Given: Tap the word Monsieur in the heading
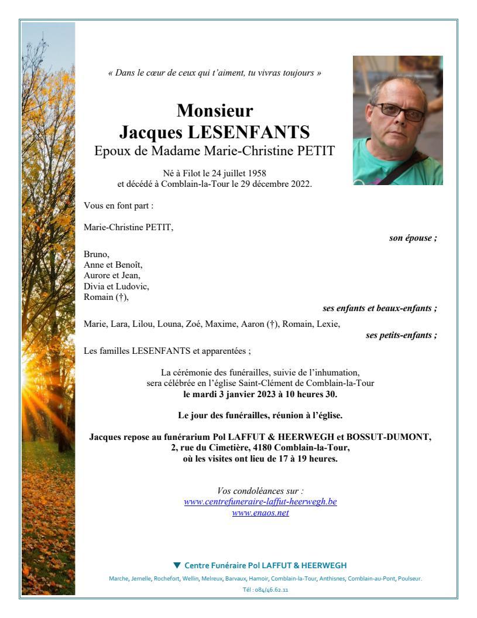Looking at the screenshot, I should pyautogui.click(x=215, y=110).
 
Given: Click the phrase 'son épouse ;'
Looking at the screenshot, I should pyautogui.click(x=413, y=238).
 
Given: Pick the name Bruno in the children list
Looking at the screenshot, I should pyautogui.click(x=96, y=255).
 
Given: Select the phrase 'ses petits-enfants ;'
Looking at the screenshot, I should pyautogui.click(x=401, y=335).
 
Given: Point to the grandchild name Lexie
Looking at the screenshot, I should pyautogui.click(x=328, y=324).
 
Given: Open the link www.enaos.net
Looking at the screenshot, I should pyautogui.click(x=260, y=513).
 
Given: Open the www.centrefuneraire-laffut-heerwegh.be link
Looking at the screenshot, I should pyautogui.click(x=260, y=502).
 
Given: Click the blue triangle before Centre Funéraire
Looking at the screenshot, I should pyautogui.click(x=177, y=565).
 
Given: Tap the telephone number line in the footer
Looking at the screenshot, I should pyautogui.click(x=260, y=590).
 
